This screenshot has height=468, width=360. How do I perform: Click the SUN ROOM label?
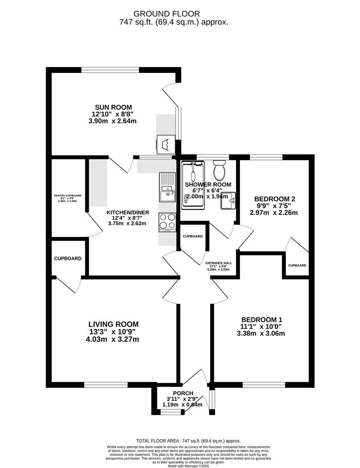(114, 107)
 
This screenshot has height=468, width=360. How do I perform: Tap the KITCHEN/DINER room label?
(128, 212)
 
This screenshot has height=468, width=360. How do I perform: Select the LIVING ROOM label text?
(114, 324)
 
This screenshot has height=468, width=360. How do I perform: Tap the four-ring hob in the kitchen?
(167, 221)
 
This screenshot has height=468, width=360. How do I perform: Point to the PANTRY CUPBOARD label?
(67, 195)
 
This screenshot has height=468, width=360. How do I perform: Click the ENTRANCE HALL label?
(219, 263)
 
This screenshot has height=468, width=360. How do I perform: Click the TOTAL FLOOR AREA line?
(188, 441)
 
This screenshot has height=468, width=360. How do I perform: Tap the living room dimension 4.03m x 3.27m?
(113, 339)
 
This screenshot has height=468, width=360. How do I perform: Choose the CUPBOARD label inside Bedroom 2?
(297, 265)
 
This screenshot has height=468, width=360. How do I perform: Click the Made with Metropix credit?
(188, 466)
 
